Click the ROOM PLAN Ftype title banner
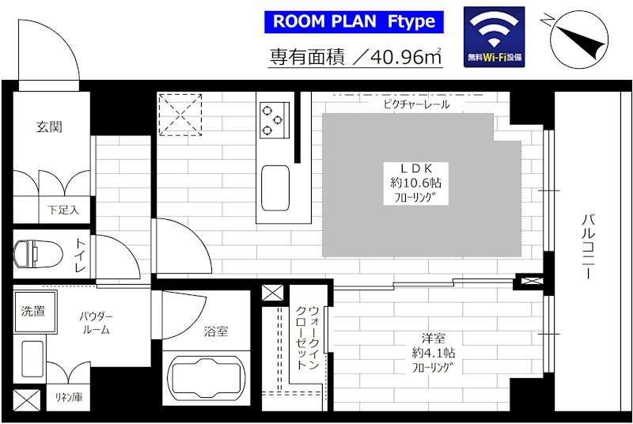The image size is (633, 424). point(354,22)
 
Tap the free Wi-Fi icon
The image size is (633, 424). point(494,36)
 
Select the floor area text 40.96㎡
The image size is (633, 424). point(405,57)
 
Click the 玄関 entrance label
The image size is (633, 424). point(49,127)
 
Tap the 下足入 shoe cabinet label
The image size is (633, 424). point(63,210)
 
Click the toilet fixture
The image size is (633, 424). point(38,254)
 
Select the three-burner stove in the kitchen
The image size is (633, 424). point(275,120)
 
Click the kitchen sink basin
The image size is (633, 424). point(275,188)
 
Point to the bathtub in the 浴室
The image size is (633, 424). point(207,379)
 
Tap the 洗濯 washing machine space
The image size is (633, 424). point(35,311)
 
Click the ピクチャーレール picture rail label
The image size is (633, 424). point(416,104)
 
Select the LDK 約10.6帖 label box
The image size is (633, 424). point(416,184)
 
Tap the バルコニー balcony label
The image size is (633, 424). point(588,246)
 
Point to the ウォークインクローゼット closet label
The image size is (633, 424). point(308,338)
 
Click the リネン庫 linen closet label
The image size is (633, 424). point(69,397)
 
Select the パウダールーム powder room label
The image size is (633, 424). point(96,323)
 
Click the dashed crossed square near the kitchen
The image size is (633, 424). point(180,115)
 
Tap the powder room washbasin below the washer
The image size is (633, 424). point(32,358)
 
